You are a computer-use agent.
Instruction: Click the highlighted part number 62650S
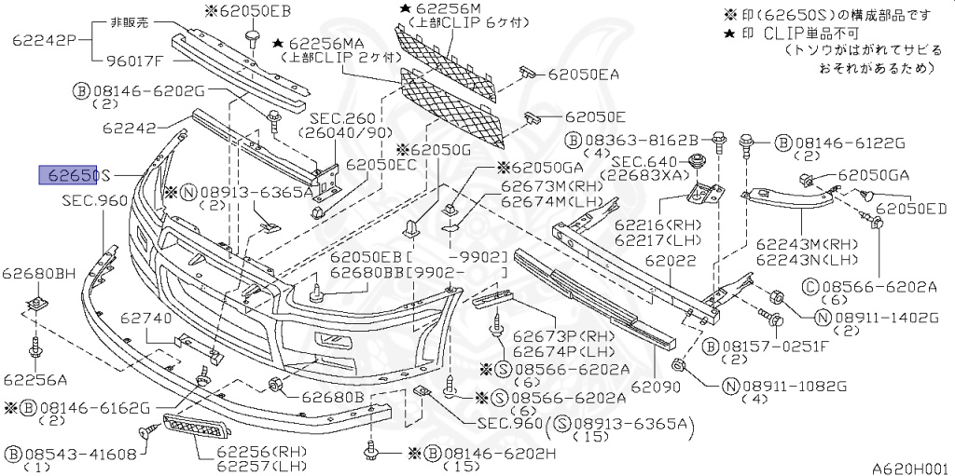74,175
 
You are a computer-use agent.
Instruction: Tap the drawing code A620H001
909,469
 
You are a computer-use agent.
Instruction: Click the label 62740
145,318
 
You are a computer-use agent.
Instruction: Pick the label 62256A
35,379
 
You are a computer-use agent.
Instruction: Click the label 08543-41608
81,454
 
